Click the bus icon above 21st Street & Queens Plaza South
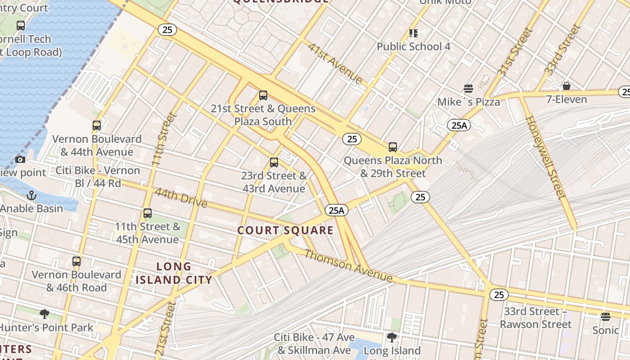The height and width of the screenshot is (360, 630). (263, 95)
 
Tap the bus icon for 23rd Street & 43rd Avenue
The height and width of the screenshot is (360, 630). (274, 162)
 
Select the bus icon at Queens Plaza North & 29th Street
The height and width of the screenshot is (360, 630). (393, 147)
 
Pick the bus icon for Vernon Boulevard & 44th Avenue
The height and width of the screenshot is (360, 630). (97, 126)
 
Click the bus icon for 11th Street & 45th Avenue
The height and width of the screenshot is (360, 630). (148, 213)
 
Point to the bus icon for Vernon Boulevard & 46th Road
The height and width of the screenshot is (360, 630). (76, 261)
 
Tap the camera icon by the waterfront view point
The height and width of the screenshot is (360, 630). (20, 159)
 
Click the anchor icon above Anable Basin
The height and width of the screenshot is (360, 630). (31, 195)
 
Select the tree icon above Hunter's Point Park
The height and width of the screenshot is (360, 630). (44, 314)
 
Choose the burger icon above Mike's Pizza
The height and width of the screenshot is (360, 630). (468, 88)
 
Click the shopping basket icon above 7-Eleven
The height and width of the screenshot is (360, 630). (567, 85)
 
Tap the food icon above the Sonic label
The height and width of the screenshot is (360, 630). (606, 317)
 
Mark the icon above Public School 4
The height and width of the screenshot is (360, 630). (413, 33)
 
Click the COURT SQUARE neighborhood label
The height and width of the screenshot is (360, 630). (285, 231)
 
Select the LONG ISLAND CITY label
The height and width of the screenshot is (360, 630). (174, 273)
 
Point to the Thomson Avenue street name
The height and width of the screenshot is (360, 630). (348, 266)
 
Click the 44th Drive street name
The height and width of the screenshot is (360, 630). (181, 198)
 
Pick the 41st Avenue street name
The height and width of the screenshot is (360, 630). (335, 63)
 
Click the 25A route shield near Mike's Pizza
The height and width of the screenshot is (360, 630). (459, 125)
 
